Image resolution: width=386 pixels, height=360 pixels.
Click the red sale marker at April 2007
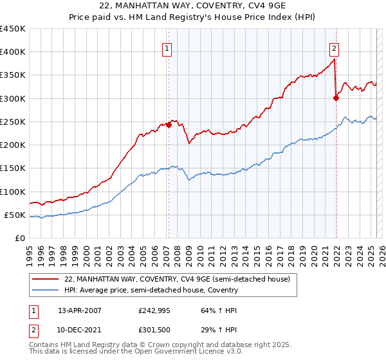click(x=169, y=125)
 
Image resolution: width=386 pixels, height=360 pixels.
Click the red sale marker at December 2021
click(x=336, y=98)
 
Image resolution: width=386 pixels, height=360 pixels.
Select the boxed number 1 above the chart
click(x=167, y=47)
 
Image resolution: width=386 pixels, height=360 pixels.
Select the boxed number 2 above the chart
click(x=335, y=47)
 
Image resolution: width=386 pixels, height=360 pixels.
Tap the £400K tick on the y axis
click(x=13, y=52)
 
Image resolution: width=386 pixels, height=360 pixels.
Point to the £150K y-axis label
click(x=13, y=168)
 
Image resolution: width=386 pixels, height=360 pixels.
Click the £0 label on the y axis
click(x=20, y=239)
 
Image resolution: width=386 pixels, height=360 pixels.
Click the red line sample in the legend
click(x=45, y=280)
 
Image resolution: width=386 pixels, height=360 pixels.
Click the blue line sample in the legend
click(x=45, y=291)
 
